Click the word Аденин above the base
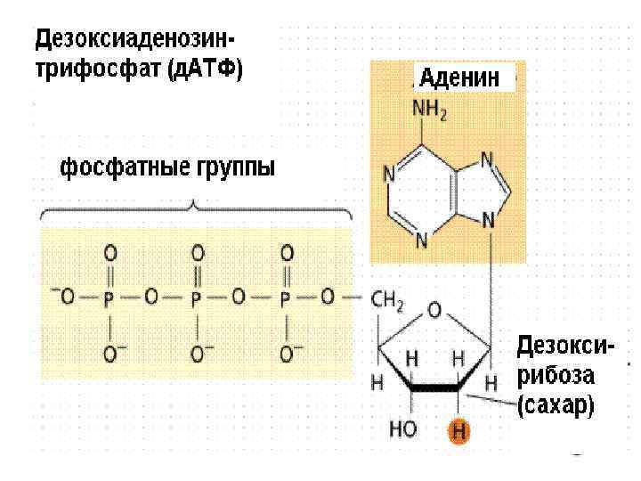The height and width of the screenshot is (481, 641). click(461, 77)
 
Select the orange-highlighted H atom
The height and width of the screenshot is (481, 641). click(458, 432)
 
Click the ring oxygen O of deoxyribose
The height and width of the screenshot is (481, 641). click(434, 310)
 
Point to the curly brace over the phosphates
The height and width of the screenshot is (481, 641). click(196, 210)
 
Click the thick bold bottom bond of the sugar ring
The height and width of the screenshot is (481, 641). click(434, 388)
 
